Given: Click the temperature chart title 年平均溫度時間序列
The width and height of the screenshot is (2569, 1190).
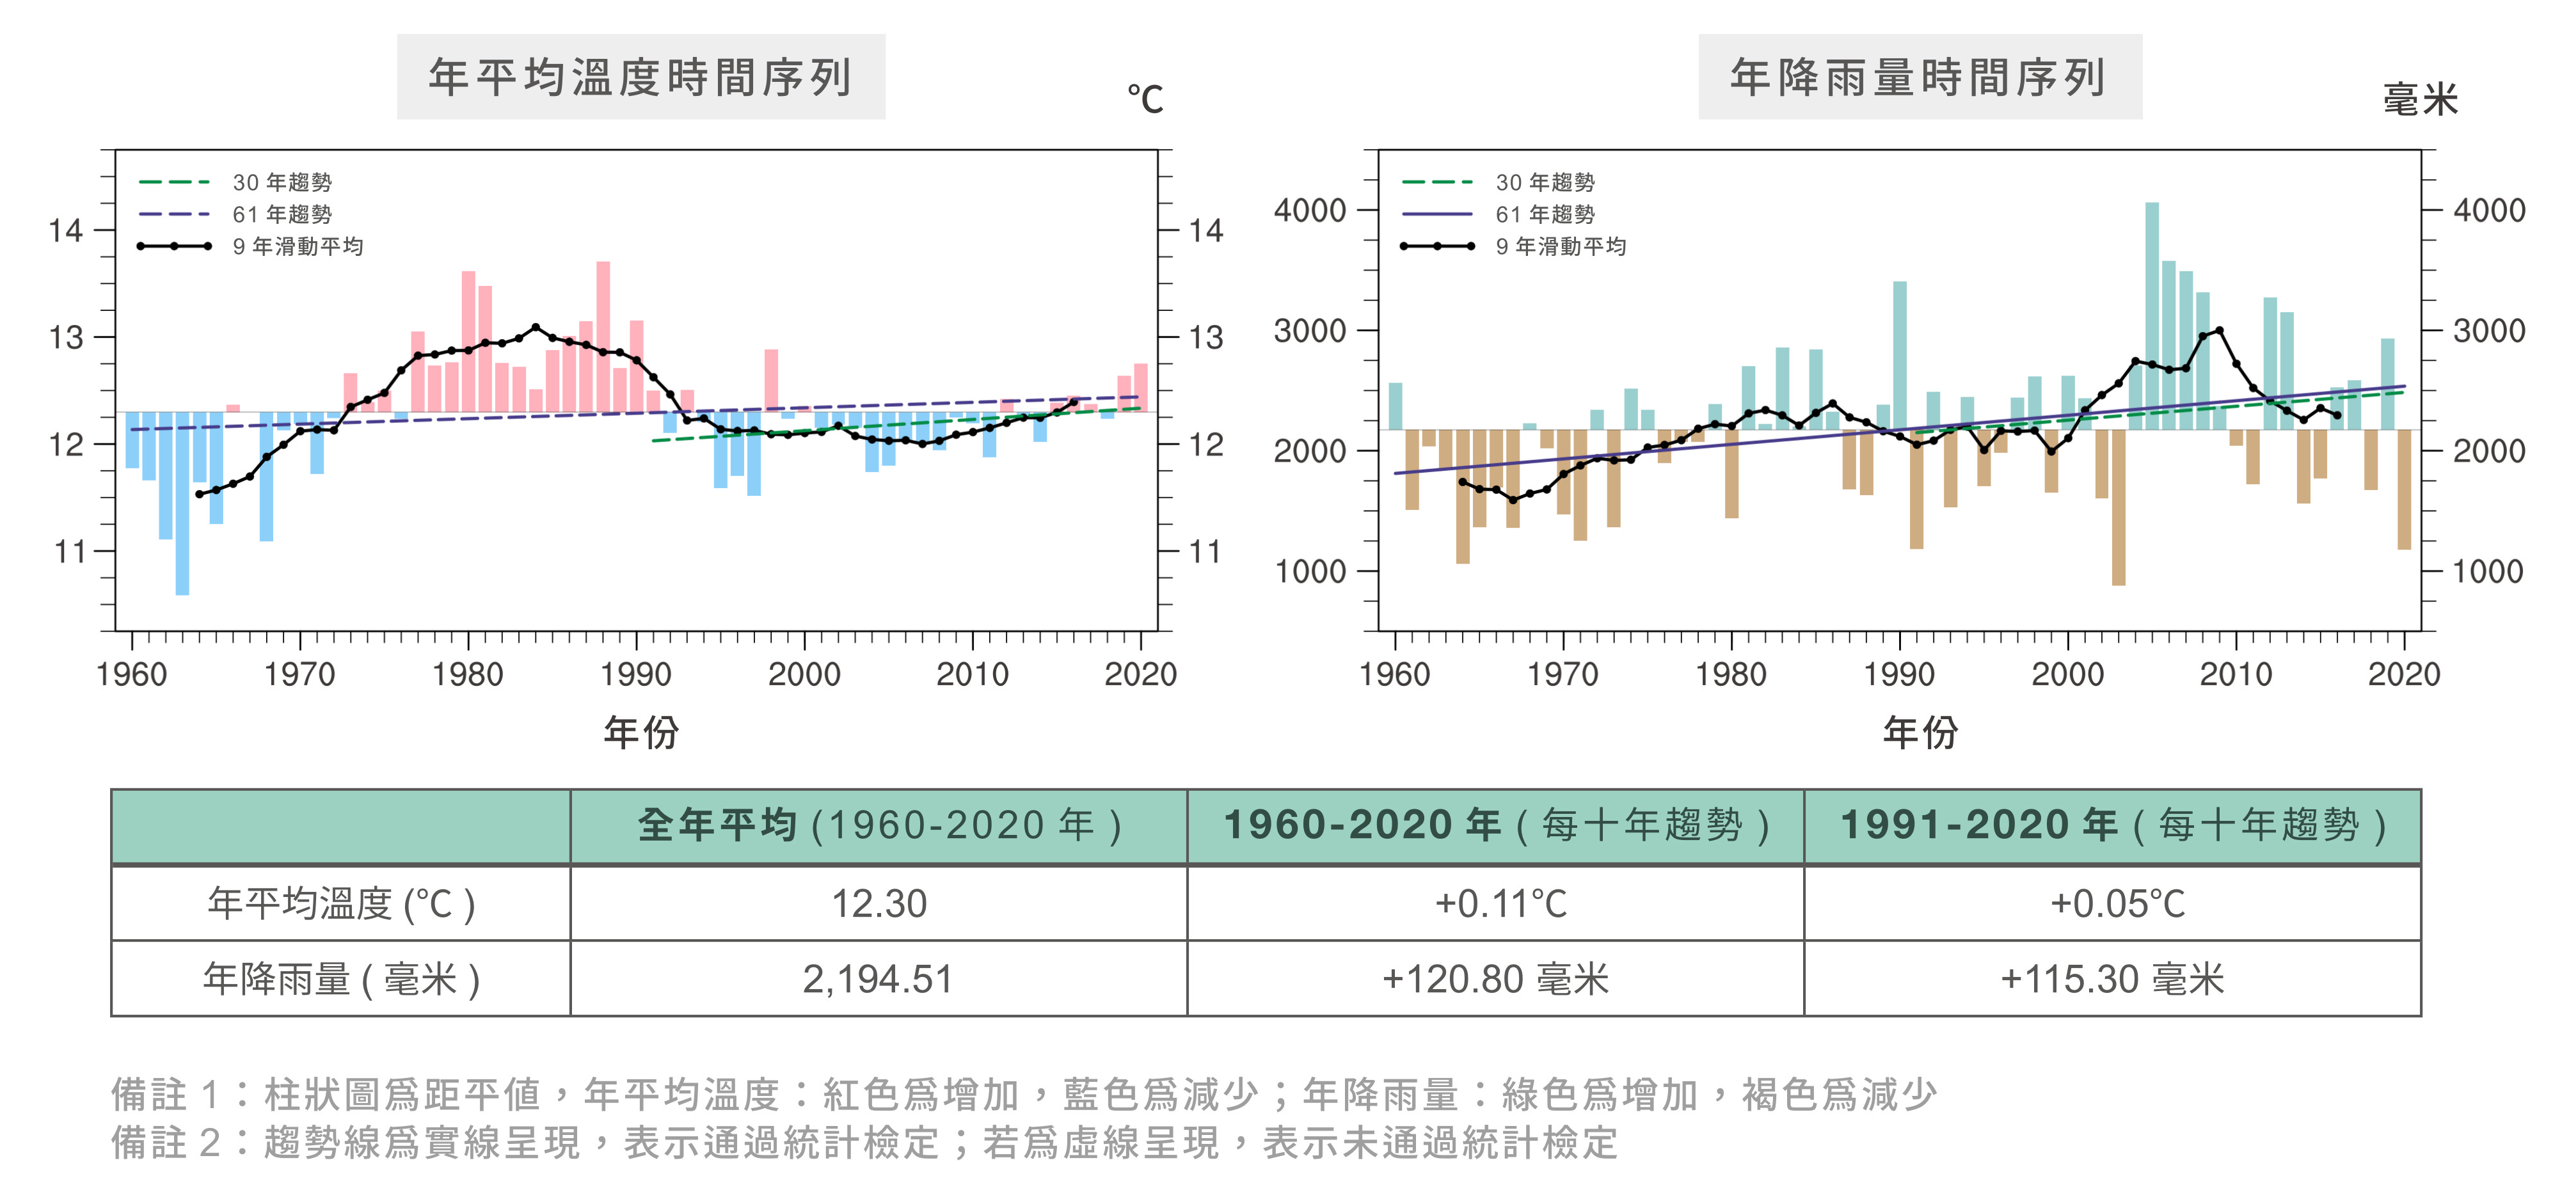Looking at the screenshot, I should [x=640, y=77].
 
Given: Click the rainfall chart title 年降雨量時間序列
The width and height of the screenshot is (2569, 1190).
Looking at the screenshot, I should [x=1919, y=77].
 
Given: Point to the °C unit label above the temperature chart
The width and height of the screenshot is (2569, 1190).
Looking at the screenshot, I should [x=1145, y=99].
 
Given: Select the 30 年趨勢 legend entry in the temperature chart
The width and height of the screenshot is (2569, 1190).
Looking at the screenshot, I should [x=282, y=182].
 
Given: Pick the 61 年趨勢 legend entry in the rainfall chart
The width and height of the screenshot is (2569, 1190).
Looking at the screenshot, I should [x=1544, y=214].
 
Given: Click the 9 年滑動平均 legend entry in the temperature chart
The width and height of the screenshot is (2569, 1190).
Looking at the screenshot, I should [x=297, y=246].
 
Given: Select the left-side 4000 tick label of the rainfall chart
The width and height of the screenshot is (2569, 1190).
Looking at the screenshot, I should [x=1309, y=210].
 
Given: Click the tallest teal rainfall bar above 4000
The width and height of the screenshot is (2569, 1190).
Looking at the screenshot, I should [x=2152, y=299].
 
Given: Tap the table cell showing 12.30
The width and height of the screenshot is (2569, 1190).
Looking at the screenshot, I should [x=879, y=904].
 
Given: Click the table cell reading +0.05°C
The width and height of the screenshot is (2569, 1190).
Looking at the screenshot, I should [x=2116, y=904].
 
